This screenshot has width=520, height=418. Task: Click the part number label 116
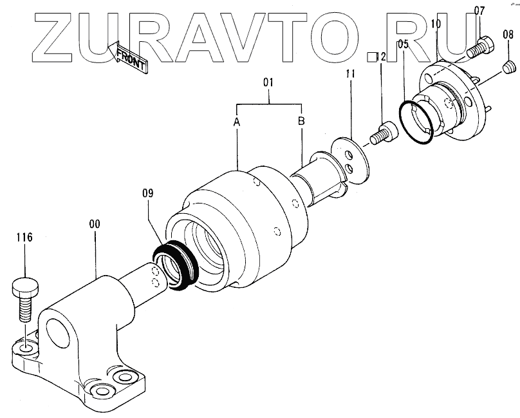[25, 238]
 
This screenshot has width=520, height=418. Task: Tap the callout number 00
[94, 225]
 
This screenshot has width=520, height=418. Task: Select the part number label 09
[149, 191]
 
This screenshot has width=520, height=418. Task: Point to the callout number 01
[269, 82]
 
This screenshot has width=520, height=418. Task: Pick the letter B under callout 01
[301, 121]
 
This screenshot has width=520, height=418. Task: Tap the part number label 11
[349, 75]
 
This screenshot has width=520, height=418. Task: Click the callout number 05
[403, 45]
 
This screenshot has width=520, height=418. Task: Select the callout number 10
[436, 24]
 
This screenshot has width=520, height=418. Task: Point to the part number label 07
[479, 10]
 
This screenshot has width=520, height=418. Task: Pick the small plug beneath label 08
[508, 65]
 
